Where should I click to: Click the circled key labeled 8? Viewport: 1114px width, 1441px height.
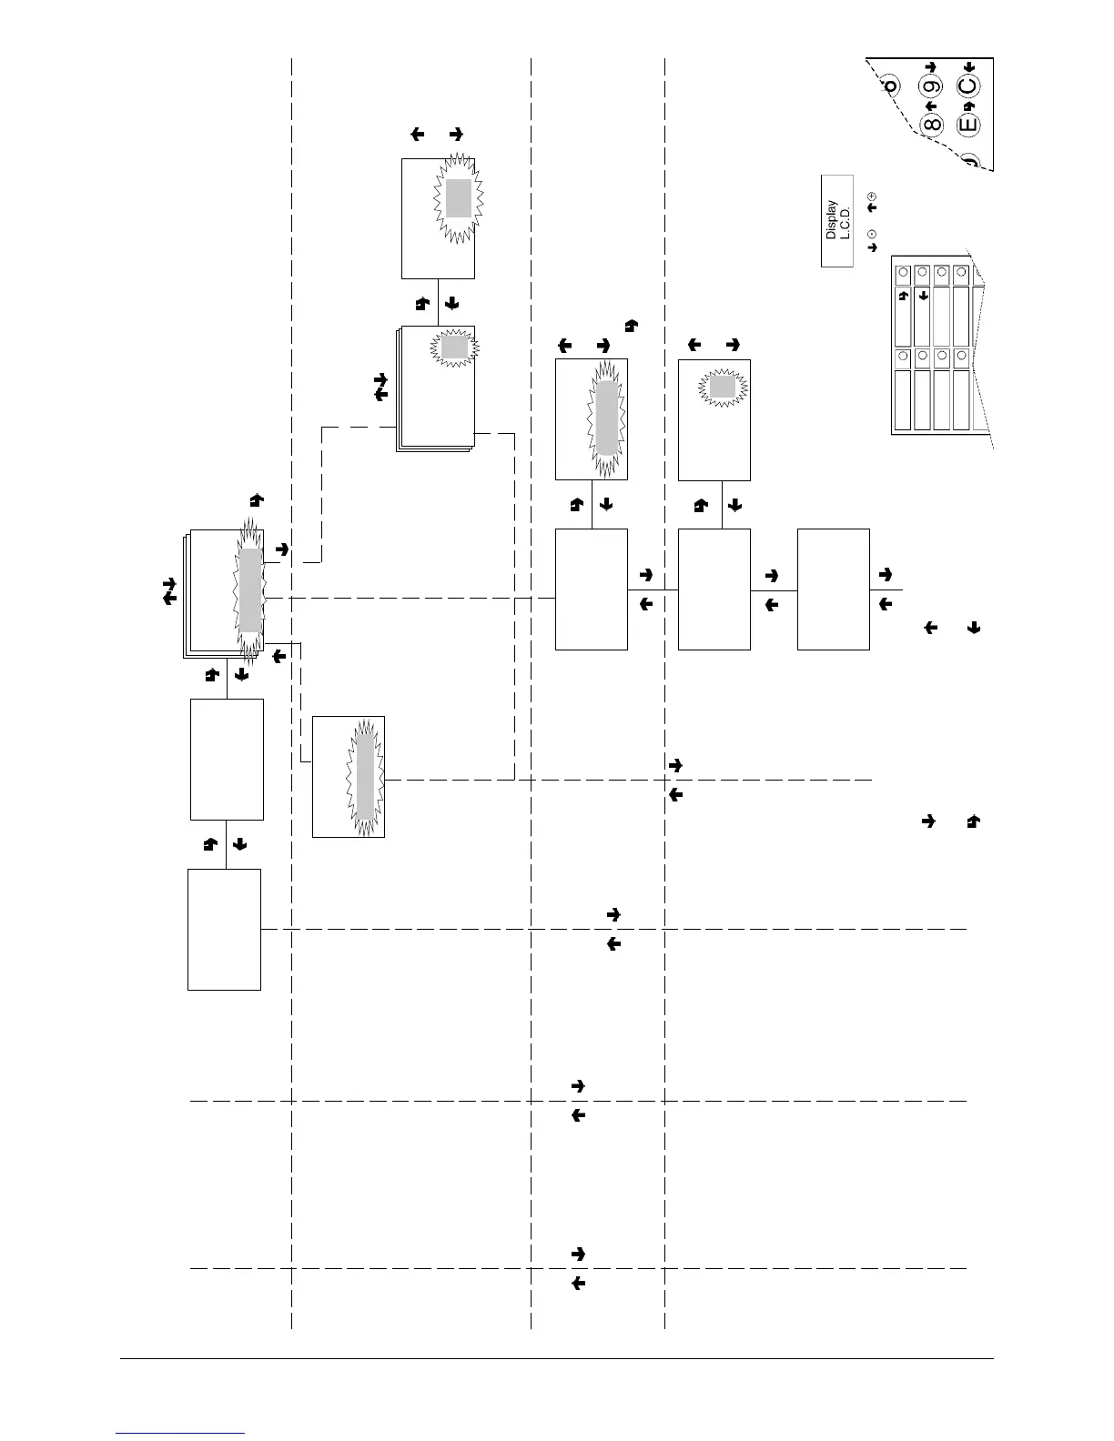(931, 125)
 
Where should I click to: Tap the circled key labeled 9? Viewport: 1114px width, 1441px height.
(931, 88)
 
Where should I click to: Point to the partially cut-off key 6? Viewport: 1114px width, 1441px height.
(891, 86)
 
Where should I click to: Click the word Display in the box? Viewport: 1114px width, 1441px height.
(831, 220)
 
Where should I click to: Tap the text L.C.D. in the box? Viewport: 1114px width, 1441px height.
(844, 220)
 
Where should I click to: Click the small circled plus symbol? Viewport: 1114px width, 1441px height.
(872, 196)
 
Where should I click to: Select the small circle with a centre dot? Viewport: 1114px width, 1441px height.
(872, 234)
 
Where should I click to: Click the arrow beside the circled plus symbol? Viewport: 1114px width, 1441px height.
(872, 208)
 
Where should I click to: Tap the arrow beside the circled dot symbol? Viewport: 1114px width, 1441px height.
(872, 247)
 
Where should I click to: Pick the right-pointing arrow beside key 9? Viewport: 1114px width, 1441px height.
(930, 67)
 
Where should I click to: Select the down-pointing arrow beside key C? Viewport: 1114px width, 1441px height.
(968, 67)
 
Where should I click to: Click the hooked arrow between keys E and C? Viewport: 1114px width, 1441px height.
(968, 106)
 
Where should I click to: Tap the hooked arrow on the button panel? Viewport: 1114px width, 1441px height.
(903, 296)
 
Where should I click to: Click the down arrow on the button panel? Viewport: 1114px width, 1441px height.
(922, 295)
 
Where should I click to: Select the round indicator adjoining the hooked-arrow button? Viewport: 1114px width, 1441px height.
(903, 272)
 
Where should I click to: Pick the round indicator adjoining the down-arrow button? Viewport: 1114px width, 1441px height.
(922, 272)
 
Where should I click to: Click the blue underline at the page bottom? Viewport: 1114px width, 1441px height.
(181, 1433)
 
